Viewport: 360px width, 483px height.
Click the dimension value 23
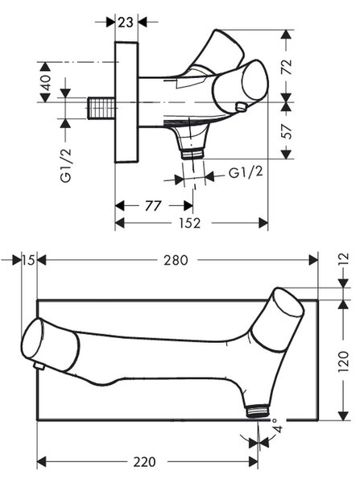(126, 23)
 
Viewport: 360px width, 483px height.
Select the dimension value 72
(287, 67)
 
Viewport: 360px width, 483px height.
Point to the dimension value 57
(287, 131)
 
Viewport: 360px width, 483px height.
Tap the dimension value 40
(46, 82)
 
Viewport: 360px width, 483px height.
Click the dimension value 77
(153, 206)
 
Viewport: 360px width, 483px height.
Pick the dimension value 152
(190, 223)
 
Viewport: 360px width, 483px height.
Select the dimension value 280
(176, 260)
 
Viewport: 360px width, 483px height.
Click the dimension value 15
(29, 261)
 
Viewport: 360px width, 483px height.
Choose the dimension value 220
(144, 462)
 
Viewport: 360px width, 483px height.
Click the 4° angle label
(276, 425)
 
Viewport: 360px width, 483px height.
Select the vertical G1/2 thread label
(66, 165)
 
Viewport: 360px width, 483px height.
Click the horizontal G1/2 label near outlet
(246, 172)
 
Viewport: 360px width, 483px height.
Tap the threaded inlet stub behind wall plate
(101, 108)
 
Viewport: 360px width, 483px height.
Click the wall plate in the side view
(126, 102)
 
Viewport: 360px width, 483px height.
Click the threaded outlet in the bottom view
(258, 411)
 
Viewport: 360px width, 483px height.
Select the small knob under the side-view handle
(241, 107)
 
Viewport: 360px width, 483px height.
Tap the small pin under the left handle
(39, 366)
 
